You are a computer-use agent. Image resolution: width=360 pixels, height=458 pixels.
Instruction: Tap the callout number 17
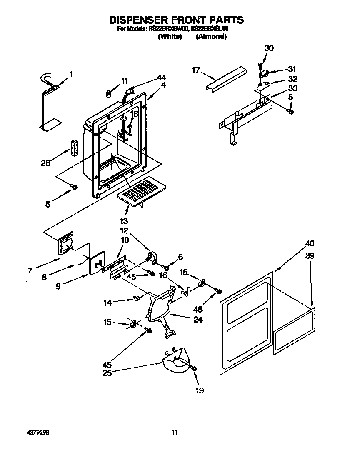click(x=196, y=70)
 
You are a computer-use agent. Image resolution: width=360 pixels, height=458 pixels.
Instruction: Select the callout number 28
click(x=45, y=163)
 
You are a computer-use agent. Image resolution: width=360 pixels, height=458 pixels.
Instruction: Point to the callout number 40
click(x=310, y=243)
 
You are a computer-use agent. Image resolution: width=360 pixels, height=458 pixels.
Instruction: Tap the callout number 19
click(x=200, y=390)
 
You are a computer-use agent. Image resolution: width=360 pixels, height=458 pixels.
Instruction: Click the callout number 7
click(x=30, y=270)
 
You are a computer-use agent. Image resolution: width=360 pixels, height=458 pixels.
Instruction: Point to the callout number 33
click(x=292, y=88)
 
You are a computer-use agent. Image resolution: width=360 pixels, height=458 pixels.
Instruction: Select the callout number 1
click(x=71, y=75)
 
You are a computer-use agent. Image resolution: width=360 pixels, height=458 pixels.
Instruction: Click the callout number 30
click(x=269, y=48)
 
